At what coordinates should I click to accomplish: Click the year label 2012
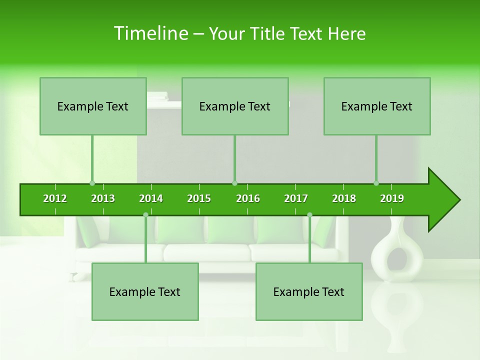55,198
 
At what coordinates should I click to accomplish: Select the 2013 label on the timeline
103,198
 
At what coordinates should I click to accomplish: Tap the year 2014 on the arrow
151,198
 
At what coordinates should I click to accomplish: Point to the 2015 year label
199,198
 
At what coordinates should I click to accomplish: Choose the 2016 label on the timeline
248,198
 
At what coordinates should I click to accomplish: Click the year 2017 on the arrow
296,198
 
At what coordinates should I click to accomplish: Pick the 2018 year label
344,198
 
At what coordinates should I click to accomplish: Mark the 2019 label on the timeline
392,198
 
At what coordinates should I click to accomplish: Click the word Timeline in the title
150,33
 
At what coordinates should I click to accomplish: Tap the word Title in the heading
269,33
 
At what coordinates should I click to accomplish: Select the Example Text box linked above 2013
93,106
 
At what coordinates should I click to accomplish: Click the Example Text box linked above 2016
235,106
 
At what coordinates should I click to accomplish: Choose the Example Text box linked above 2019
377,106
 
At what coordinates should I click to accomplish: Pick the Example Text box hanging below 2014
145,292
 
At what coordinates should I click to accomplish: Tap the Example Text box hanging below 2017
309,292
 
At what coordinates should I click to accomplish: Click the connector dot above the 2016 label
234,183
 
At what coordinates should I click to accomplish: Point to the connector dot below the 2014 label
145,214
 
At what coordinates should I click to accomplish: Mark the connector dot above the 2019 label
376,183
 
